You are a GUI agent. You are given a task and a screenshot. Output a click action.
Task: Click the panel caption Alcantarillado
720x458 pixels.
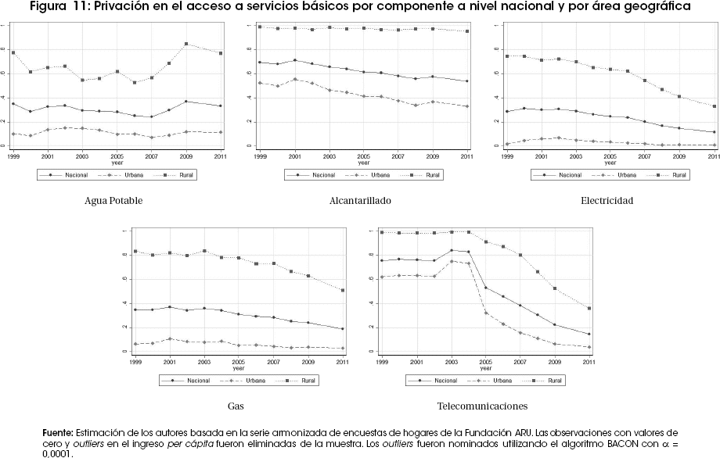tap(360, 201)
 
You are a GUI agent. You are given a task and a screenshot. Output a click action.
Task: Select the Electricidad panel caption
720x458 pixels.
tap(607, 201)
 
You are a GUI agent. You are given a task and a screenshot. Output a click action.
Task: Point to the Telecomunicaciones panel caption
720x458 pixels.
tap(482, 406)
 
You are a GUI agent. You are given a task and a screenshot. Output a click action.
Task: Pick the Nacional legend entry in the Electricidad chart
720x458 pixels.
tap(563, 175)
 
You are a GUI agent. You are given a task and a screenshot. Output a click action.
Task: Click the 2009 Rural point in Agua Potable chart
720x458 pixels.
tap(185, 45)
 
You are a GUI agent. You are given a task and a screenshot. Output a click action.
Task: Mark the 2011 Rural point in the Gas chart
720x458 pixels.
tap(343, 290)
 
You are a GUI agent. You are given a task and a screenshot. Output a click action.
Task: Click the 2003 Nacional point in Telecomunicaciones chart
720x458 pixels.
tap(452, 250)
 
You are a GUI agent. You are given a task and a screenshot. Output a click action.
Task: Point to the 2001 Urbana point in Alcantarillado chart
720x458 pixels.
tap(293, 79)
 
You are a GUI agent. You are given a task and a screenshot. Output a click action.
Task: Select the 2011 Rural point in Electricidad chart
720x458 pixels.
tap(714, 106)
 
